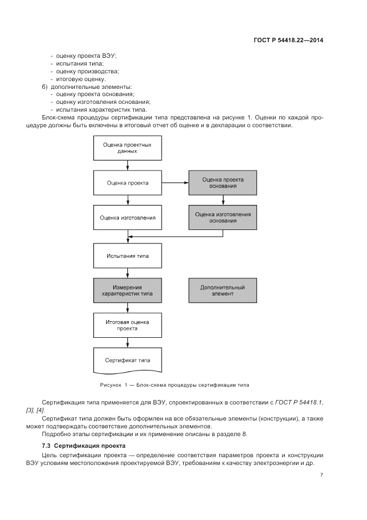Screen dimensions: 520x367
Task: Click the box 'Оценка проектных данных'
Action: click(x=128, y=148)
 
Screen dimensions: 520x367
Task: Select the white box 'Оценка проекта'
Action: click(x=128, y=183)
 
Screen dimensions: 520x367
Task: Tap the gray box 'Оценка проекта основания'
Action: click(x=223, y=183)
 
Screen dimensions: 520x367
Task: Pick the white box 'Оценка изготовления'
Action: click(x=128, y=218)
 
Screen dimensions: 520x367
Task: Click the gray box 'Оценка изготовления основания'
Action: click(x=223, y=217)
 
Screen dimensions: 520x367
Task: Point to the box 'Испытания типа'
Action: click(x=128, y=256)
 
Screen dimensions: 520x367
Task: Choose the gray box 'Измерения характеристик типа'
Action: click(x=128, y=291)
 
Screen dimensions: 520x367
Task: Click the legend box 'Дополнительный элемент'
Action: click(x=223, y=291)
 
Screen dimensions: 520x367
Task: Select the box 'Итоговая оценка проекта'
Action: click(x=128, y=325)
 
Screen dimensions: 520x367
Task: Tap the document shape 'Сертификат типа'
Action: click(x=128, y=360)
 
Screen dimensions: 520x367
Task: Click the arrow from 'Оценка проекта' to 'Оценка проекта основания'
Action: click(x=175, y=183)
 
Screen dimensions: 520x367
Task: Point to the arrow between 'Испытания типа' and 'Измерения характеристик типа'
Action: click(x=128, y=273)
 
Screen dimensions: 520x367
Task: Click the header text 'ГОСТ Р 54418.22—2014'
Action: click(x=288, y=40)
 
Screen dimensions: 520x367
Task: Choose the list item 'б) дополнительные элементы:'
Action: click(x=86, y=87)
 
